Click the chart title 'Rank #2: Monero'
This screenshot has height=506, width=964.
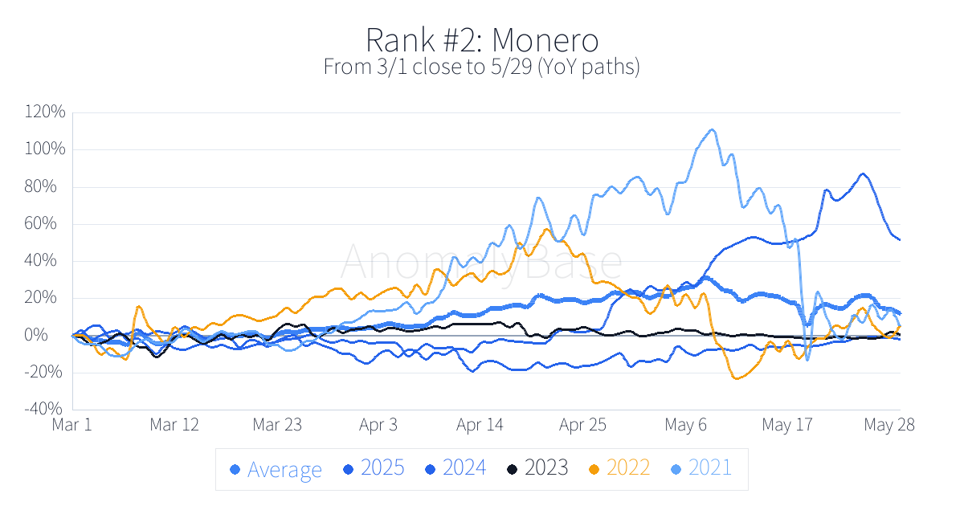482,39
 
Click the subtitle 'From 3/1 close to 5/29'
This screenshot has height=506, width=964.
482,67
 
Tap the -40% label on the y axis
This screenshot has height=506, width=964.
47,409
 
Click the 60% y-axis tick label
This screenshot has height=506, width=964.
51,223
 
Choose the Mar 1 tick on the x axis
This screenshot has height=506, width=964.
72,424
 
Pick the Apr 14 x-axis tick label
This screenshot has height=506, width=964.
480,424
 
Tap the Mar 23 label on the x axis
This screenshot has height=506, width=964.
276,424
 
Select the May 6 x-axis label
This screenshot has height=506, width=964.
684,424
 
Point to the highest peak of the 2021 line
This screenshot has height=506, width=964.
712,129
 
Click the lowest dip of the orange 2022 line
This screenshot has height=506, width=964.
735,378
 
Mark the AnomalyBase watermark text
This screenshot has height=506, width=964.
482,262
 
